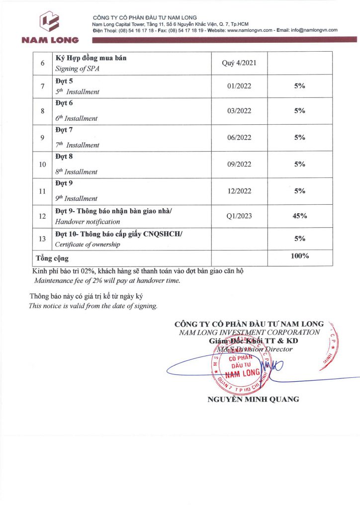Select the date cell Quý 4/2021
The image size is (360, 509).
(x=239, y=63)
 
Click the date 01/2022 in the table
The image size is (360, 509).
(x=239, y=86)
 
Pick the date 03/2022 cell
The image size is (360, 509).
(x=239, y=111)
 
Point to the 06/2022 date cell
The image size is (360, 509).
(x=239, y=138)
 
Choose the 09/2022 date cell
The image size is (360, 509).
(x=239, y=164)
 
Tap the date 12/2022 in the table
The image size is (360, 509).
(x=239, y=191)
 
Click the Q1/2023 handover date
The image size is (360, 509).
(x=239, y=216)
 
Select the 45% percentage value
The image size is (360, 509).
(x=299, y=216)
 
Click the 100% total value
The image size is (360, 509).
(x=299, y=256)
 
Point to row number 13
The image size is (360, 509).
(x=42, y=239)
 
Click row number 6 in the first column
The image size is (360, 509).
(x=42, y=63)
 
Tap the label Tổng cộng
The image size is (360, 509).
(x=52, y=258)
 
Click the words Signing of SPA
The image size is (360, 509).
(x=77, y=69)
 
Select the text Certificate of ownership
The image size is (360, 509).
(x=88, y=245)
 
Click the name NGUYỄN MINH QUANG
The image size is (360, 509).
(x=253, y=399)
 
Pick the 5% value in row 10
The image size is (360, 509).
(x=299, y=164)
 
